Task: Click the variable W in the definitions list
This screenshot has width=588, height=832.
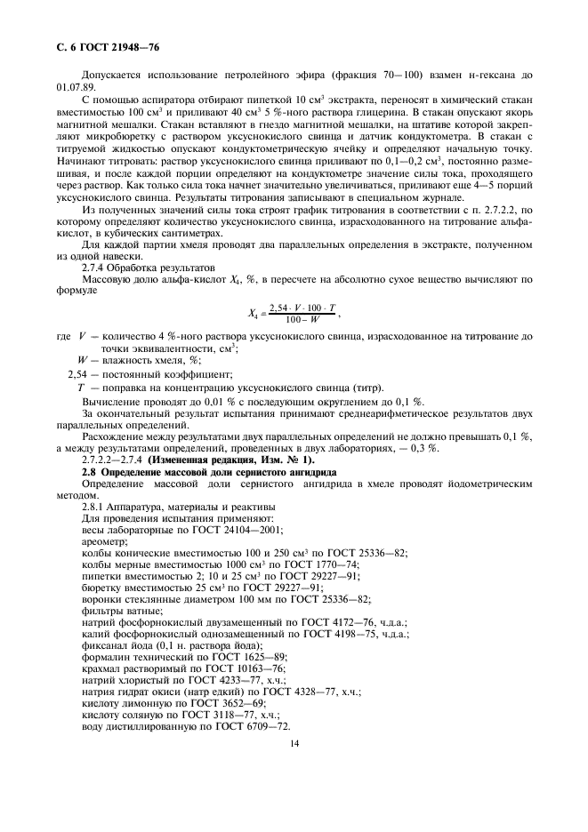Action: [83, 360]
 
